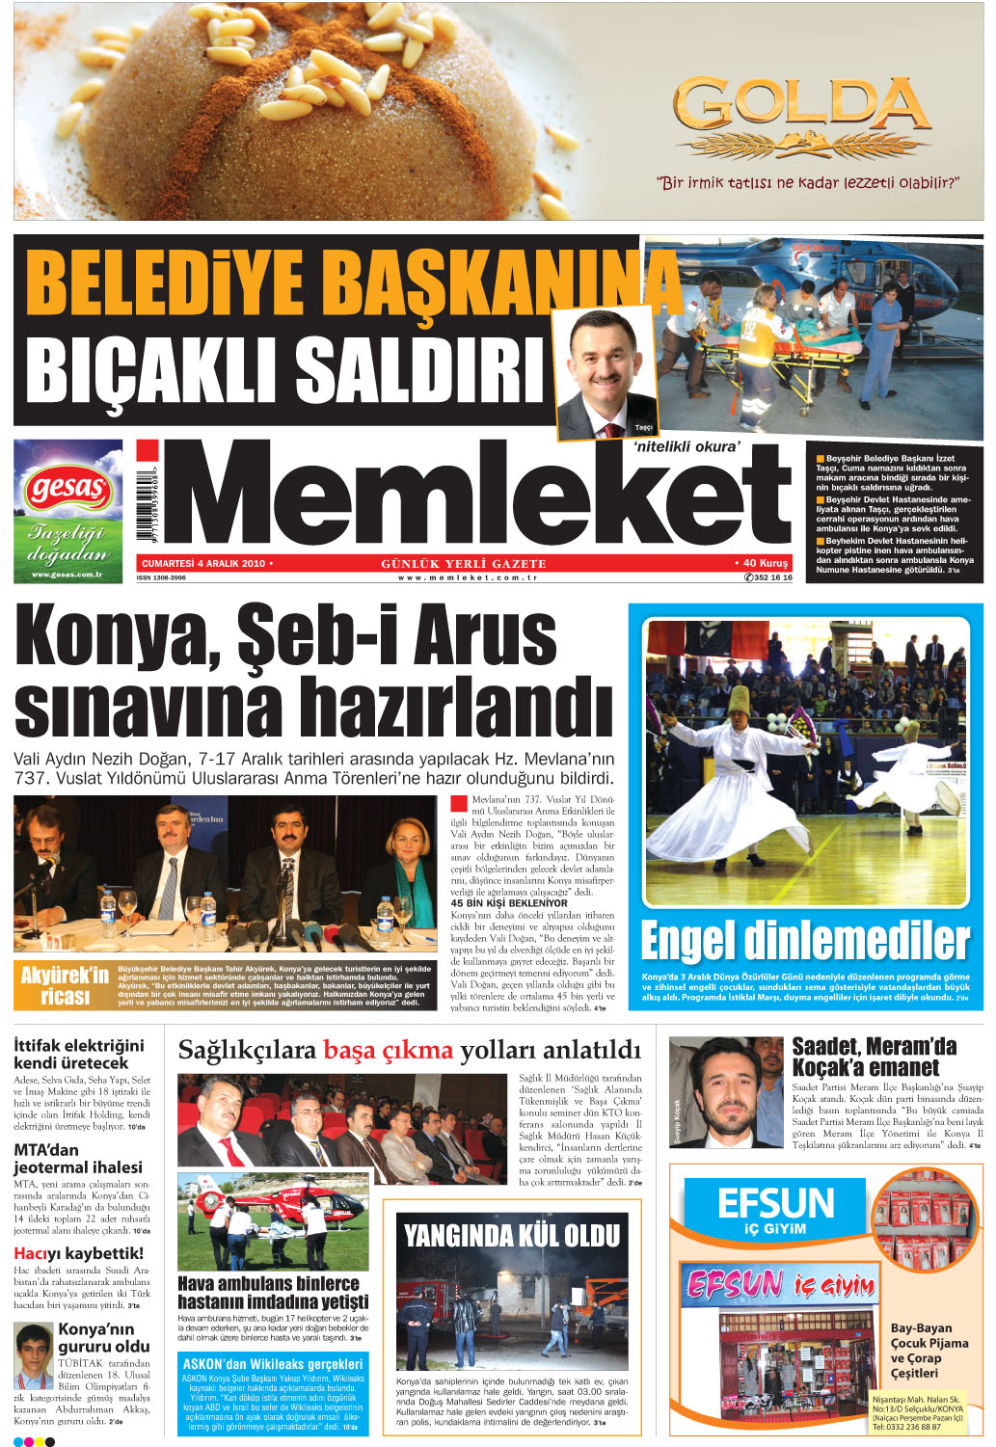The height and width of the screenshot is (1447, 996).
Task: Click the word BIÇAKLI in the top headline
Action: (155, 367)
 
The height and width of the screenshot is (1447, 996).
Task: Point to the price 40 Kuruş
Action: (763, 563)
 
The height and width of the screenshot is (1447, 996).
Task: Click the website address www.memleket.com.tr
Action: (467, 577)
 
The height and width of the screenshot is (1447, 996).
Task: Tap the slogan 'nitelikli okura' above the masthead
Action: (686, 446)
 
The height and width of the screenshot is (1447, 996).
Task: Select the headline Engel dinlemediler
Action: (805, 941)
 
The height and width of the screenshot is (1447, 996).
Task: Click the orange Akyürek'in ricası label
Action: (65, 985)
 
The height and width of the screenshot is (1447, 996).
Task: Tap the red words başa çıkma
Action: (387, 1050)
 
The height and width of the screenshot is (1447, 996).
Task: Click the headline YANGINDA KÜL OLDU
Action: (511, 1236)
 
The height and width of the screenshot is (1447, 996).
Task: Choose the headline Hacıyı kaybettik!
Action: (78, 1253)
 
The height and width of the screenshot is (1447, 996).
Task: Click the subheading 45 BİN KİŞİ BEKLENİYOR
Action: (509, 903)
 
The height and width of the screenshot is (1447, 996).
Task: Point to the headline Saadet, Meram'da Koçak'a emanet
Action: (874, 1057)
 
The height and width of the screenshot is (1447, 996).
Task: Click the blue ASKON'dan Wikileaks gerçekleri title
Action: (273, 1364)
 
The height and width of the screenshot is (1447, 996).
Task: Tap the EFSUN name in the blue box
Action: (775, 1204)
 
